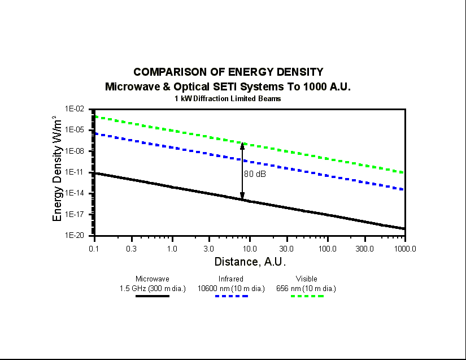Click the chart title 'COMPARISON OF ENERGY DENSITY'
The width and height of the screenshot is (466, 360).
click(228, 72)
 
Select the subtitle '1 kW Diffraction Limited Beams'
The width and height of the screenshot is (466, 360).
click(228, 98)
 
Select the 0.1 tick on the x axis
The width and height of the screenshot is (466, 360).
click(94, 248)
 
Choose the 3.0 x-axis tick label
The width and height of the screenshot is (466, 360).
click(209, 248)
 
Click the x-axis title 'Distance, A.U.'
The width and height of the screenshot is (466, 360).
click(250, 262)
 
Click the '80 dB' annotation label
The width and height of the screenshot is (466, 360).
click(255, 174)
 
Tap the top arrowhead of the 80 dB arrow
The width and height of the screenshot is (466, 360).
click(242, 145)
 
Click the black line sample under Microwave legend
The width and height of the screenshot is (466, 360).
click(153, 296)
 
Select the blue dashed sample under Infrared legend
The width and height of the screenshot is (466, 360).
click(231, 296)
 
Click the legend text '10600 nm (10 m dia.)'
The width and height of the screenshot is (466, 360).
click(231, 288)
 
